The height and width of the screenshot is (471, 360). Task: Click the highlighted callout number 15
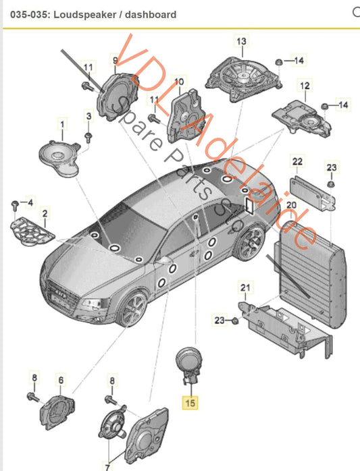pos(190,404)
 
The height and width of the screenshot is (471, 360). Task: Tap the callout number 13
pos(241,41)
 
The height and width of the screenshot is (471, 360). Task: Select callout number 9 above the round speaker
pos(115,61)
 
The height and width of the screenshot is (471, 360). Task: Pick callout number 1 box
pos(63,125)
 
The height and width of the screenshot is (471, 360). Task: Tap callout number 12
pos(305,86)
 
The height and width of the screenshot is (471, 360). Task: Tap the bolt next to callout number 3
pos(88,137)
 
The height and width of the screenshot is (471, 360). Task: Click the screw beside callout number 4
pos(14,204)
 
